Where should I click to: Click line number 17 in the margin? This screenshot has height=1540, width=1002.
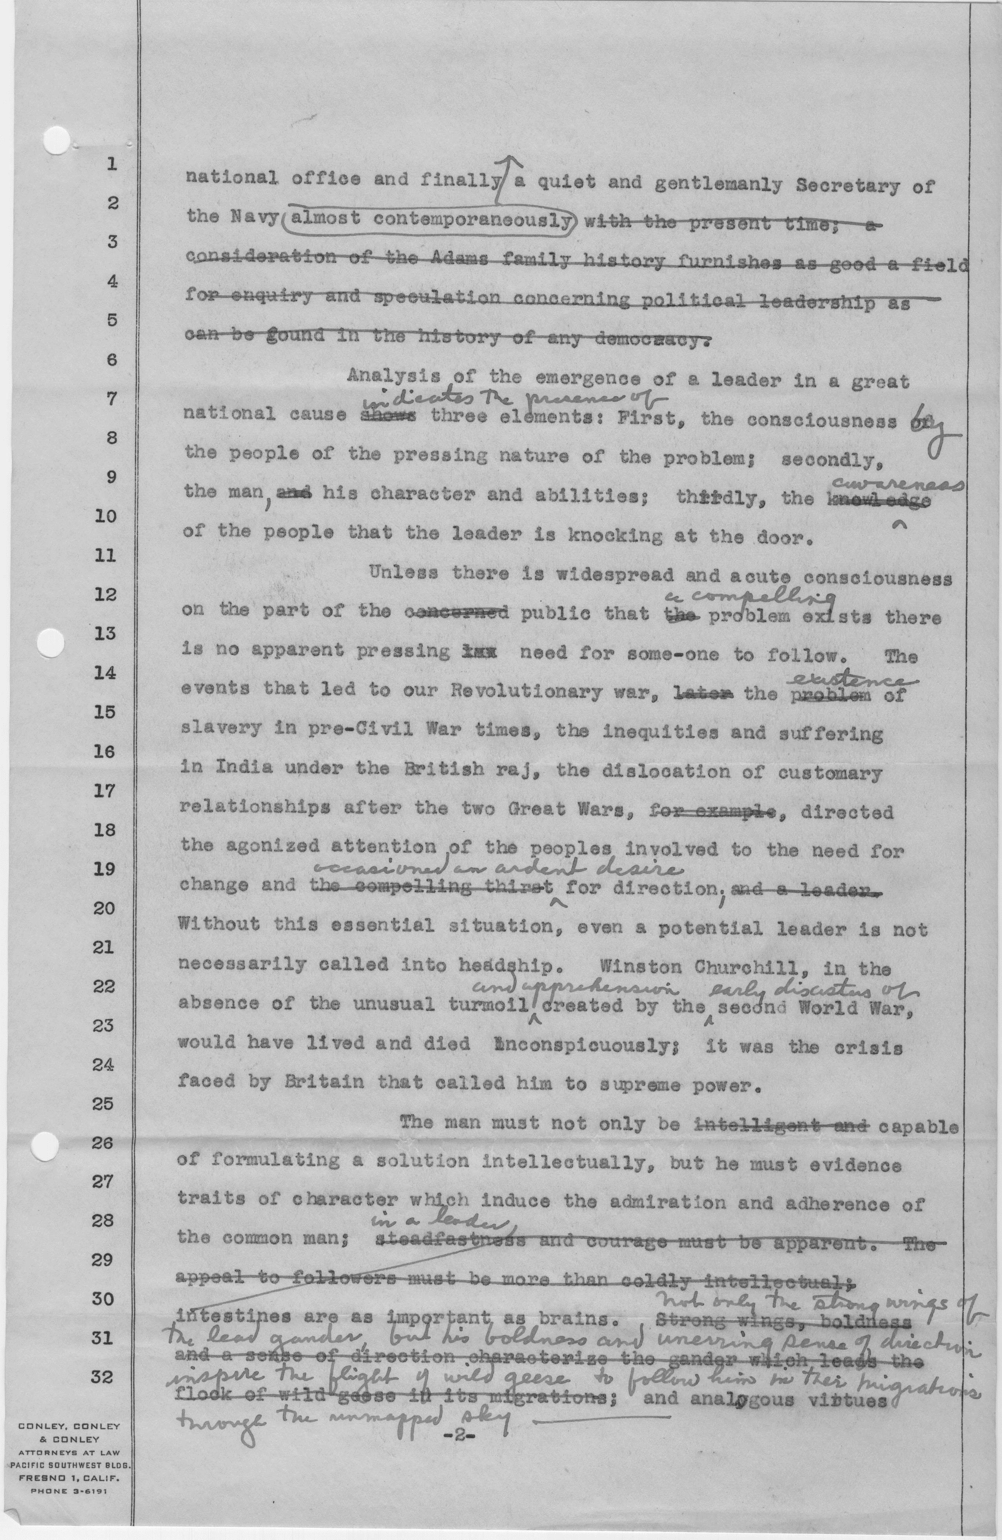tap(103, 791)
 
